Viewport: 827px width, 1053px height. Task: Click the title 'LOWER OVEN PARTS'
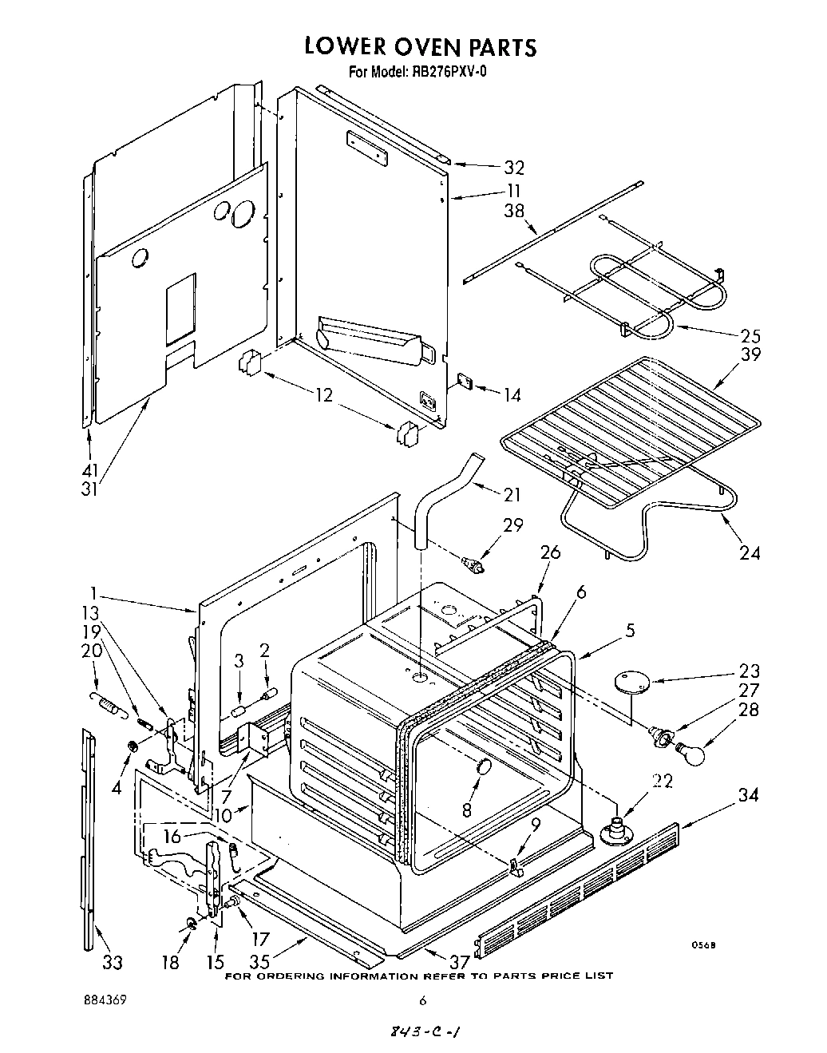[420, 47]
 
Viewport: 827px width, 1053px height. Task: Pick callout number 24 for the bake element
[750, 552]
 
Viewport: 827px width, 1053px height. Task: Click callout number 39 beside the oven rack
[750, 354]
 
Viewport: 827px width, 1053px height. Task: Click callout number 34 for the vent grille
[749, 794]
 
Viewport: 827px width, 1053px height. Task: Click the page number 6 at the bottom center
[423, 1000]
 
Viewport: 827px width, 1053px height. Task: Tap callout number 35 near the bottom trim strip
[280, 962]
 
